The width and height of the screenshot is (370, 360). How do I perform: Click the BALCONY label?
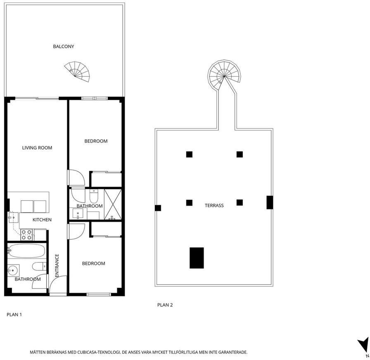[64, 47]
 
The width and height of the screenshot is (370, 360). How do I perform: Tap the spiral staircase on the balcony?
[77, 72]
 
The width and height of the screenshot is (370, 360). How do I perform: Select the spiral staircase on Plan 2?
[224, 76]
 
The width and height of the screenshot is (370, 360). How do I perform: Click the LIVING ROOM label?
[37, 148]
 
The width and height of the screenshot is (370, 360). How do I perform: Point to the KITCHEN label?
[42, 220]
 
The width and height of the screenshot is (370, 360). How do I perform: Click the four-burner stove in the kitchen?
[26, 235]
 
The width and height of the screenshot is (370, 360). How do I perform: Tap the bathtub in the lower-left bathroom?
[26, 251]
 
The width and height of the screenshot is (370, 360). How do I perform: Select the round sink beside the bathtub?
[13, 270]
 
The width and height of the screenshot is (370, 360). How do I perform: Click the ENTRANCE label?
[57, 265]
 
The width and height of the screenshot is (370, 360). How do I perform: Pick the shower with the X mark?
[113, 204]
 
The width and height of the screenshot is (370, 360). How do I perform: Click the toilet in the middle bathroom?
[94, 196]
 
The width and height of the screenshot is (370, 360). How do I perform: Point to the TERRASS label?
[214, 206]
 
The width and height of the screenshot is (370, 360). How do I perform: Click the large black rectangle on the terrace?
[197, 258]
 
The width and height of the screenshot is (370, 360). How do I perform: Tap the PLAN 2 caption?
[165, 305]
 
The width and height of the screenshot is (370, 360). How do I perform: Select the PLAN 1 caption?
[14, 315]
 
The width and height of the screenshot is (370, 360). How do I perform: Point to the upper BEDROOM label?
[96, 141]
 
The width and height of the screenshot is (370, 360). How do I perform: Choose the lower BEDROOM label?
[94, 263]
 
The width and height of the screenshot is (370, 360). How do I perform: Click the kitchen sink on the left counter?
[14, 218]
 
